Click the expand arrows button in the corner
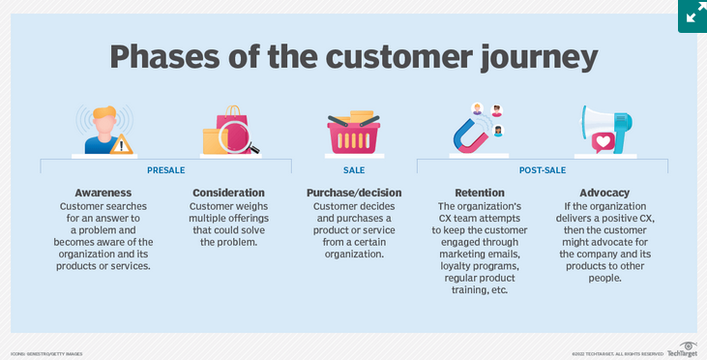(692, 15)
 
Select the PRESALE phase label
(165, 170)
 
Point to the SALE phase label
(354, 170)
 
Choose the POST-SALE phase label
(542, 170)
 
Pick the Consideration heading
(228, 193)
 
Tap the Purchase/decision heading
(353, 193)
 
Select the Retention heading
(479, 193)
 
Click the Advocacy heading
(604, 193)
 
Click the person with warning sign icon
(103, 128)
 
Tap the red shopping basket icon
(354, 135)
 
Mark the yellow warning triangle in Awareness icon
(122, 144)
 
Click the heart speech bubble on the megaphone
(603, 143)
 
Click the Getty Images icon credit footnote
(46, 353)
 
